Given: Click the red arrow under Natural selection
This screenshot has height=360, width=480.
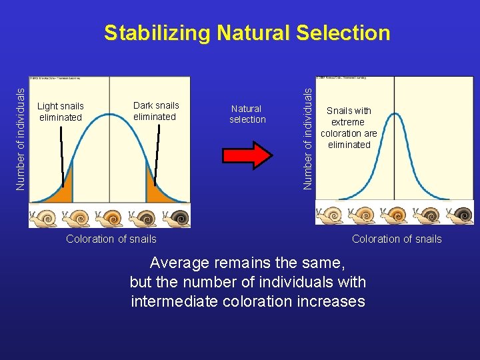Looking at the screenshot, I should (247, 153).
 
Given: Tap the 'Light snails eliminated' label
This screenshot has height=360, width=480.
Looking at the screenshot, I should (61, 112).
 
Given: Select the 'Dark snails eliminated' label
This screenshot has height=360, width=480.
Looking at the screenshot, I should (156, 111).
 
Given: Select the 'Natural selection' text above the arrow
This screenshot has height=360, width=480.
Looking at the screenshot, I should (247, 114).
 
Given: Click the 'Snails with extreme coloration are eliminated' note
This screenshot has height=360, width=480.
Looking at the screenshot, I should (349, 127).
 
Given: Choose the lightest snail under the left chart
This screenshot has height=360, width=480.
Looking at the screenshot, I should (44, 217).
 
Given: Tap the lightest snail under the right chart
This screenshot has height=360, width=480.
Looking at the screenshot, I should (330, 215).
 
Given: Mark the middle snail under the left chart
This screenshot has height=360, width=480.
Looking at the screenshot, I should (110, 217).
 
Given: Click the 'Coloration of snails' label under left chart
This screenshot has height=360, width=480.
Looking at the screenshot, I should (111, 239).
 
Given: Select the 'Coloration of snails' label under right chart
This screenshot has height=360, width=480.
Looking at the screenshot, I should (397, 239).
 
